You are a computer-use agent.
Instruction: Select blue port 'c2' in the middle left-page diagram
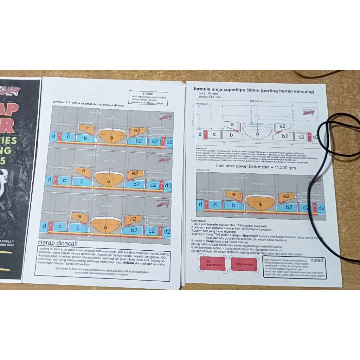pyautogui.click(x=153, y=185)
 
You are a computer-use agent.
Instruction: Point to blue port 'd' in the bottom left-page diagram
pyautogui.click(x=45, y=226)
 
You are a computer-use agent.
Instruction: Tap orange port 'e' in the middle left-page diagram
pyautogui.click(x=83, y=171)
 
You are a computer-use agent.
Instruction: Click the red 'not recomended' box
pyautogui.click(x=212, y=264)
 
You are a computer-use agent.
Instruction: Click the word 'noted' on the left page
pyautogui.click(x=148, y=94)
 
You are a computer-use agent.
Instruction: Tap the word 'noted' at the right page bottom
pyautogui.click(x=317, y=261)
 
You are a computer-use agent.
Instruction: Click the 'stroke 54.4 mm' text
pyautogui.click(x=210, y=98)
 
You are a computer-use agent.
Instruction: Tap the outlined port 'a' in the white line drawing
pyautogui.click(x=257, y=134)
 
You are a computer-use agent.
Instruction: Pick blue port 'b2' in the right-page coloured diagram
pyautogui.click(x=289, y=207)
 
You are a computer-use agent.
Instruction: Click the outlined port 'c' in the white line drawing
pyautogui.click(x=214, y=134)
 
